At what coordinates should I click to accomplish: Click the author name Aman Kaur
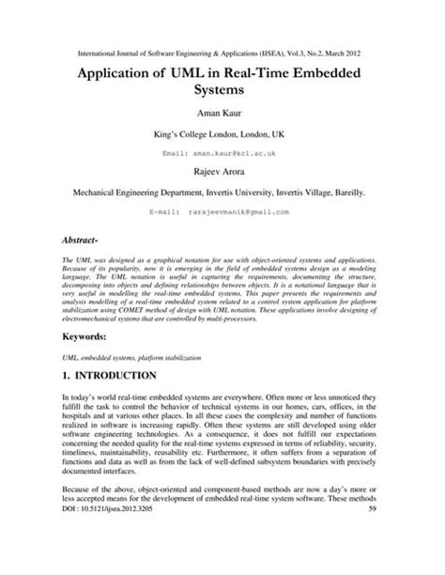[x=222, y=112]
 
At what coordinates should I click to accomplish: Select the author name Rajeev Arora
[x=222, y=171]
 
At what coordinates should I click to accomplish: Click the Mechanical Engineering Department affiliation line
[x=222, y=192]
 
